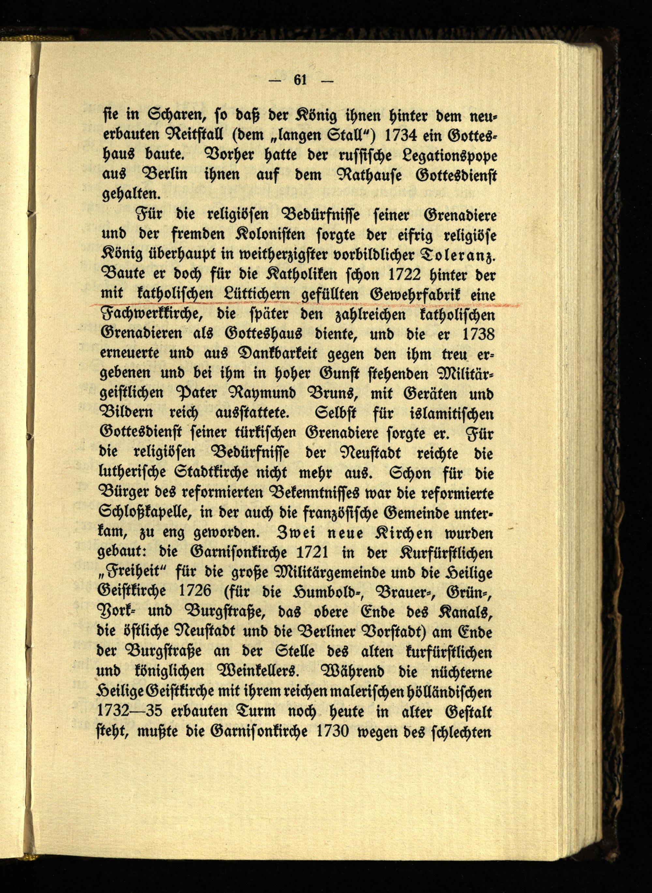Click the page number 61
[300, 80]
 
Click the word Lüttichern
[256, 295]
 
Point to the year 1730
[332, 732]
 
